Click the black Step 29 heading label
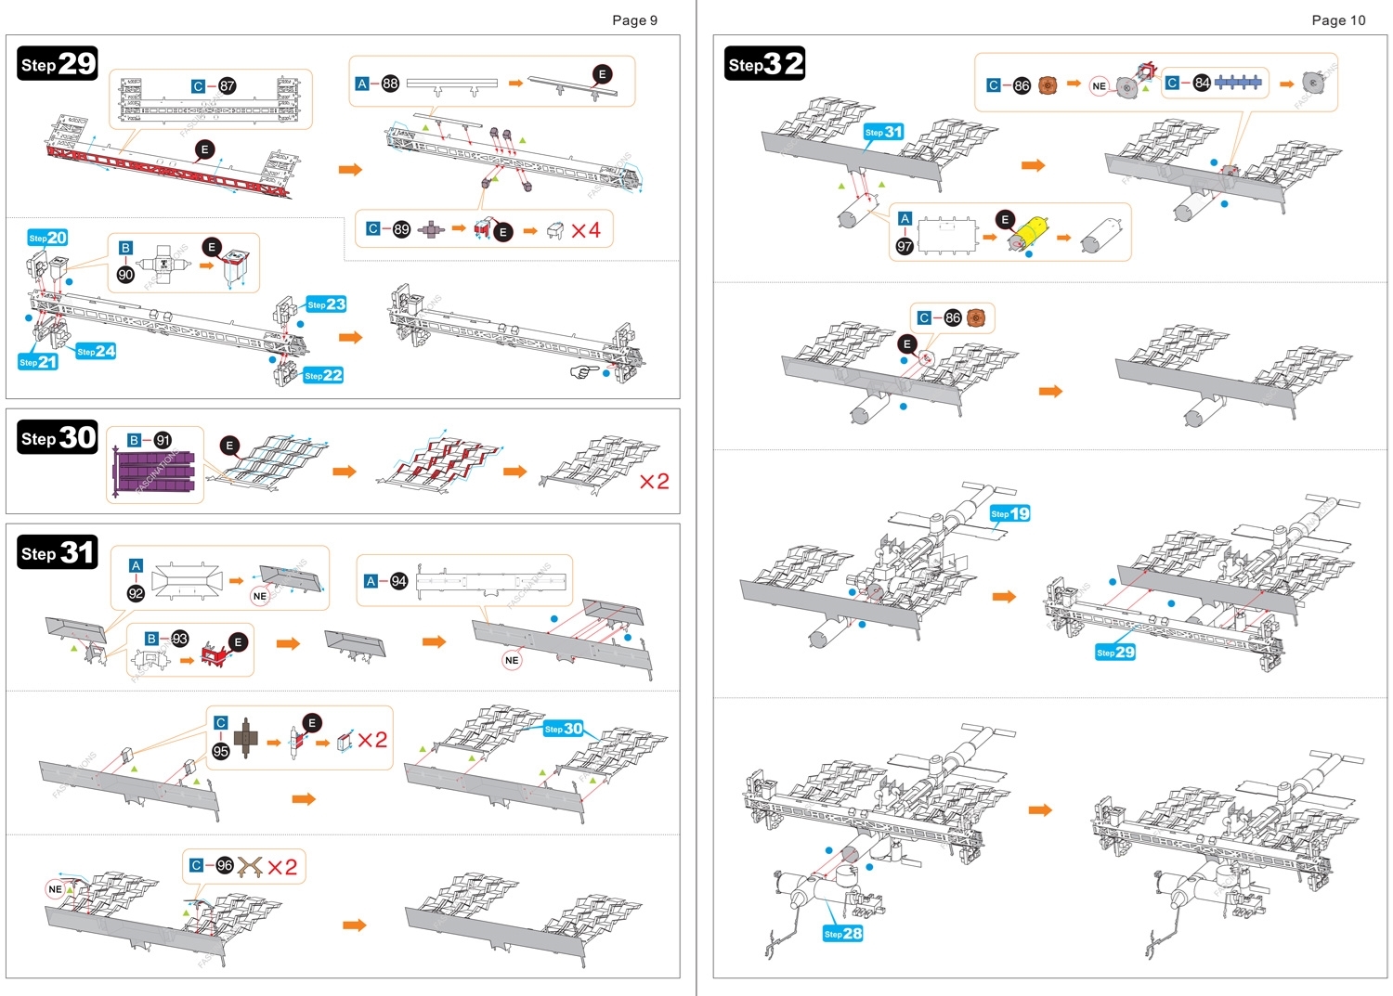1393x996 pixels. click(x=58, y=63)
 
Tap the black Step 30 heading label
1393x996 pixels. click(x=58, y=437)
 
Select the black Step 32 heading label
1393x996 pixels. click(x=764, y=63)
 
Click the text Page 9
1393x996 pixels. click(x=634, y=20)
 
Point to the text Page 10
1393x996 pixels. click(x=1338, y=20)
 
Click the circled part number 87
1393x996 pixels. click(x=227, y=86)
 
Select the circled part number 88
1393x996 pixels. click(x=390, y=84)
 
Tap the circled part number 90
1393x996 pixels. click(x=125, y=275)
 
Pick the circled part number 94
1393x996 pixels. click(x=398, y=581)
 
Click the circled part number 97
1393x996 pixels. click(x=904, y=246)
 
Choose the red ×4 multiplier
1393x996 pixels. click(x=585, y=230)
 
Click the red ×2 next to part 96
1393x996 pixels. click(x=282, y=867)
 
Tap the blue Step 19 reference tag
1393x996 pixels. click(x=1009, y=513)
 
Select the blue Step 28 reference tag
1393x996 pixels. click(x=842, y=933)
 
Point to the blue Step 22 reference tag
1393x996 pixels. click(x=323, y=375)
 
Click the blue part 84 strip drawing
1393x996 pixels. click(x=1238, y=83)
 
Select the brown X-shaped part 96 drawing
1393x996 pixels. click(x=250, y=867)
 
